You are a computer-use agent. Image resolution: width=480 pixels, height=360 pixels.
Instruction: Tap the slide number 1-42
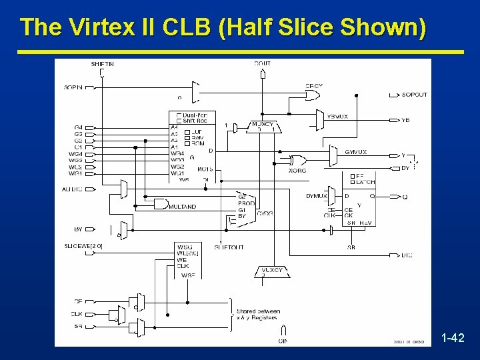(x=453, y=338)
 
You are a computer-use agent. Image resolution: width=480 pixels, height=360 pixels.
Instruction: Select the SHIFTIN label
(x=103, y=64)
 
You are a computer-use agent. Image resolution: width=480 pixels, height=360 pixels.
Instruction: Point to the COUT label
(x=263, y=64)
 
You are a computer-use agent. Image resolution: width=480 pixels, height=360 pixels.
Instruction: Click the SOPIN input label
(x=74, y=87)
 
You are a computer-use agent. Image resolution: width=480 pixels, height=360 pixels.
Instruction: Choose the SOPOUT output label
(x=415, y=95)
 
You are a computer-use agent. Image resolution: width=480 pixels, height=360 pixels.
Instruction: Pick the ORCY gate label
(x=314, y=86)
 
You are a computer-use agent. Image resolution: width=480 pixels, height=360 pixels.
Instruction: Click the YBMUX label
(x=337, y=117)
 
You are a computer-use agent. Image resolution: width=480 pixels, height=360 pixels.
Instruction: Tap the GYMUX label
(x=356, y=152)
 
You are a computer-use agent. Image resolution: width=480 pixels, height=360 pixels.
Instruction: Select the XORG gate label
(x=297, y=171)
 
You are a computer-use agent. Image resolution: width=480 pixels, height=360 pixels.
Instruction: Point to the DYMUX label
(x=316, y=196)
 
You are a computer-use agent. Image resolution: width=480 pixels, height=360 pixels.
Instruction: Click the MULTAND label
(x=182, y=207)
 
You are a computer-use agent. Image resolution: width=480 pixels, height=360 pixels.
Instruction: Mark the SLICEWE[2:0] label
(x=84, y=246)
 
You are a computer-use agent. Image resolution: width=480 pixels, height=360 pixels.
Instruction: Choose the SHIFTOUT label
(x=229, y=247)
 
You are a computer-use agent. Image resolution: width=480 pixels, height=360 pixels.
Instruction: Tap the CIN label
(x=283, y=341)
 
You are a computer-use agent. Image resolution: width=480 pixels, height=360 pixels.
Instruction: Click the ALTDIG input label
(x=73, y=189)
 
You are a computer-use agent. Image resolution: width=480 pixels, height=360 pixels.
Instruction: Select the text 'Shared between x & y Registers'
(x=258, y=315)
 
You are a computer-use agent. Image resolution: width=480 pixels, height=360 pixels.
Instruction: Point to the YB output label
(x=406, y=120)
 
